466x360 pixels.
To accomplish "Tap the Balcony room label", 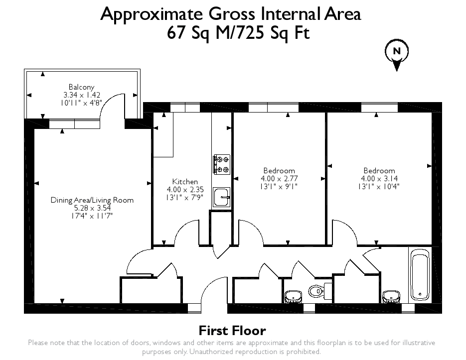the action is click(81, 87).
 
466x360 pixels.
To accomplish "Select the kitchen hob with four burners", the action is click(222, 164).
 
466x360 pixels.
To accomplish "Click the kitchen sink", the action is click(222, 197).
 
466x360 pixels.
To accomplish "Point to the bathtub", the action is click(420, 275).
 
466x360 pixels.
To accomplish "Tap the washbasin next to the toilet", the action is click(294, 297).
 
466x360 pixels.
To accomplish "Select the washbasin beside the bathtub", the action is click(391, 297).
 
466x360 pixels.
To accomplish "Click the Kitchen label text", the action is click(185, 181).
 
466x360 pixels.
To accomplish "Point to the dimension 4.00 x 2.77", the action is click(280, 179).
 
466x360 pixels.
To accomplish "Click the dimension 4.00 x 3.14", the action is click(379, 179).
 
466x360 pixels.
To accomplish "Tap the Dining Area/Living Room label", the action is click(92, 200).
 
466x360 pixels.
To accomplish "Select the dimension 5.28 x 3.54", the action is click(92, 208).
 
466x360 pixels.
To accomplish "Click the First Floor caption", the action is click(232, 331).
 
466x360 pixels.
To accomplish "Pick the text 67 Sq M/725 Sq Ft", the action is click(238, 32).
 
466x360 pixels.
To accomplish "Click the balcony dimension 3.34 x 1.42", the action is click(82, 95).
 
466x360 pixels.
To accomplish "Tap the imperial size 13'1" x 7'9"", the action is click(185, 197).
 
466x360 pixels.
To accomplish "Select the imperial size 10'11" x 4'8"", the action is click(81, 103).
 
